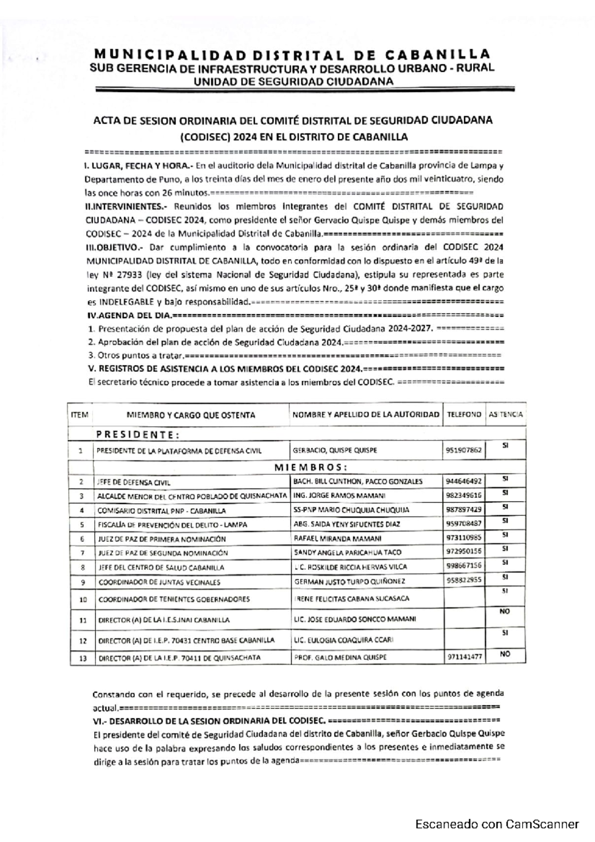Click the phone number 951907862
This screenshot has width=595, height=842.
pyautogui.click(x=463, y=450)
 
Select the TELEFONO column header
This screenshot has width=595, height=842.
pyautogui.click(x=464, y=415)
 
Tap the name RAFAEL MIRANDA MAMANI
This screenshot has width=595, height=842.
pyautogui.click(x=337, y=539)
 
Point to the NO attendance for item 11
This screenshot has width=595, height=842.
pyautogui.click(x=504, y=612)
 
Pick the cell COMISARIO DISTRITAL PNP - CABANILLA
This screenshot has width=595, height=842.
pyautogui.click(x=161, y=510)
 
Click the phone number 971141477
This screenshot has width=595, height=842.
pyautogui.click(x=464, y=657)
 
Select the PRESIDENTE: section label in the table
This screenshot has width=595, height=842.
pyautogui.click(x=137, y=435)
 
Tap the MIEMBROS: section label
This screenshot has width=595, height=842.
pyautogui.click(x=310, y=468)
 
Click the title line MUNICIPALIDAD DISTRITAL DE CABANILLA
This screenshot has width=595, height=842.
pyautogui.click(x=292, y=54)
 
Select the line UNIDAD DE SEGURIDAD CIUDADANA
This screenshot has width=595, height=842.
pyautogui.click(x=293, y=81)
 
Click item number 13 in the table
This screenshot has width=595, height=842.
pyautogui.click(x=83, y=659)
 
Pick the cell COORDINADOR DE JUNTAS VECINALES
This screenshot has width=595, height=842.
pyautogui.click(x=159, y=582)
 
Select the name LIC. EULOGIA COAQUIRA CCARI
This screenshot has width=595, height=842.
pyautogui.click(x=343, y=640)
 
